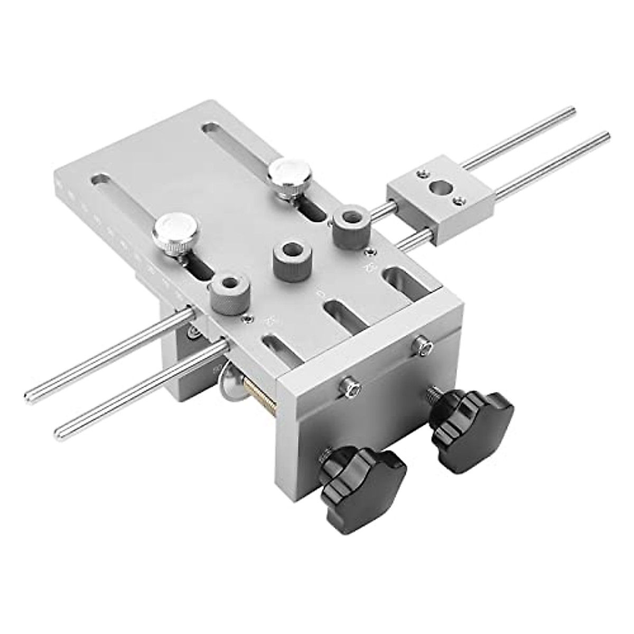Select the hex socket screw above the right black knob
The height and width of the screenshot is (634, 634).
[423, 346]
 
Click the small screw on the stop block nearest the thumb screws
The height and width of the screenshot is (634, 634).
[421, 172]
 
